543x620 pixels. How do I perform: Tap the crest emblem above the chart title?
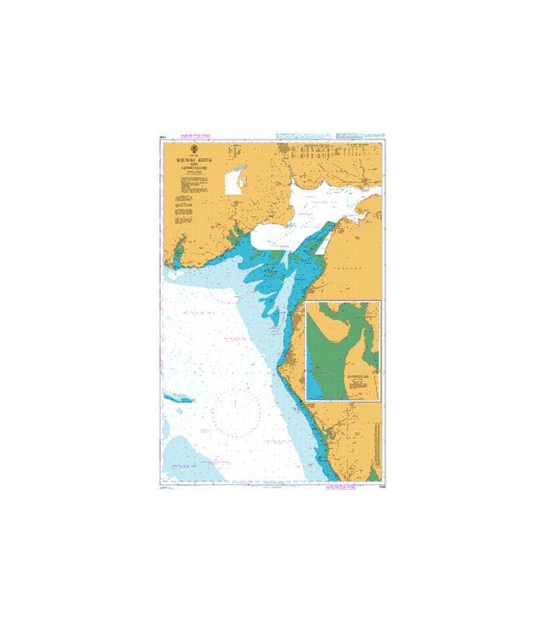tap(195, 150)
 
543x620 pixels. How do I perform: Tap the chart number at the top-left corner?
tap(161, 138)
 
